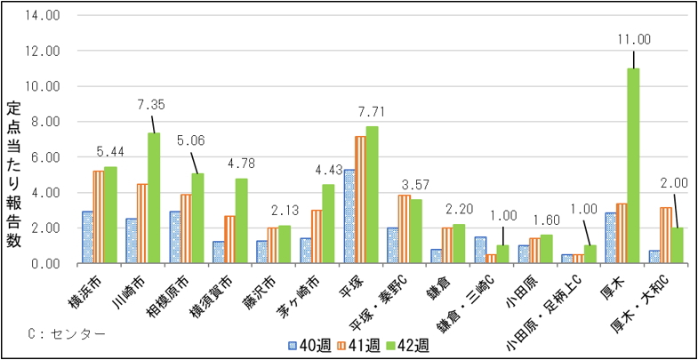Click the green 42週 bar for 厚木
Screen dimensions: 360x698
click(x=633, y=166)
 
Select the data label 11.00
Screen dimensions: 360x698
click(x=633, y=39)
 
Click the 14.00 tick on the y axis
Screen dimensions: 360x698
click(x=44, y=16)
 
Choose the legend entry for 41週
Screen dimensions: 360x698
click(x=357, y=344)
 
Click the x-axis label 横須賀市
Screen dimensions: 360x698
click(x=222, y=292)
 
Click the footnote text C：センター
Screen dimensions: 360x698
click(x=67, y=333)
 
